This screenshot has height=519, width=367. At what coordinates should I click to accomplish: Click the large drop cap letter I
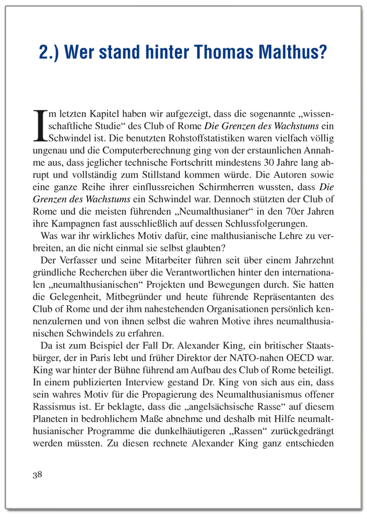[40, 126]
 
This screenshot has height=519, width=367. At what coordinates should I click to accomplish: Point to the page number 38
[38, 475]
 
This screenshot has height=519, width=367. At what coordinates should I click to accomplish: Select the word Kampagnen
[78, 224]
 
